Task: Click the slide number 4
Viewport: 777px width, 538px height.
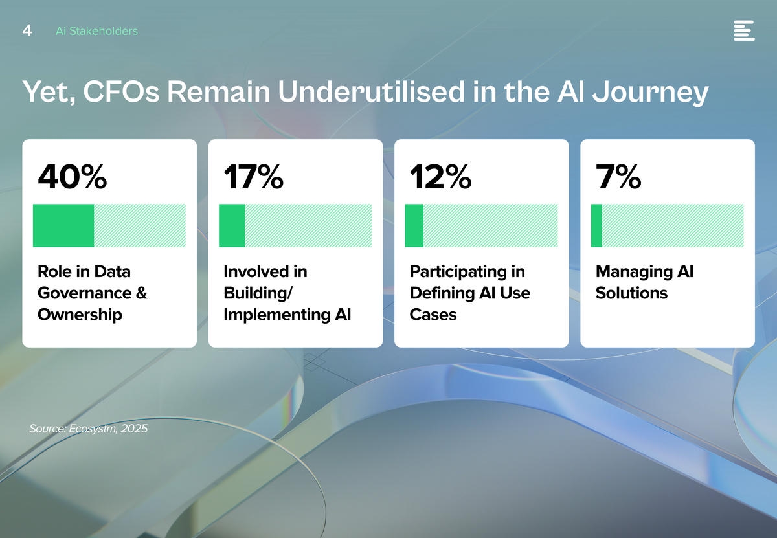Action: (27, 30)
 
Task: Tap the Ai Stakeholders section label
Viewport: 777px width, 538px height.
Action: (96, 31)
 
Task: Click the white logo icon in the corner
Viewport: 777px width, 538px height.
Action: (744, 30)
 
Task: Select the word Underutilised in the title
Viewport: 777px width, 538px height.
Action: (371, 91)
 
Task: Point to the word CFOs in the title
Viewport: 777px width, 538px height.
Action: (121, 91)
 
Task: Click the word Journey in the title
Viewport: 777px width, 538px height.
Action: (650, 93)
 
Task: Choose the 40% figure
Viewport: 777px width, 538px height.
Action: (72, 177)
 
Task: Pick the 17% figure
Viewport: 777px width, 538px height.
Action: (254, 177)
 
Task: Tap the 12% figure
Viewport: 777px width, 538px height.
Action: (440, 177)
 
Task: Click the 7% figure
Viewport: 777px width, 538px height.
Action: (618, 177)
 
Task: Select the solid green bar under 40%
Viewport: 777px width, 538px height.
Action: (63, 225)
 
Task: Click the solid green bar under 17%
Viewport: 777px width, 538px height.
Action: (232, 225)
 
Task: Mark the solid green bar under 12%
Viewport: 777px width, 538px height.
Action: (414, 225)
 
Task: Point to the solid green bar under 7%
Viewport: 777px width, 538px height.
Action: (596, 225)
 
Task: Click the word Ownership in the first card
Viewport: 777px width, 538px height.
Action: (80, 315)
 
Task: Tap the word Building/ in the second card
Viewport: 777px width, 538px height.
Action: (258, 293)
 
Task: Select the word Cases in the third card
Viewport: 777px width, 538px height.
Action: (433, 314)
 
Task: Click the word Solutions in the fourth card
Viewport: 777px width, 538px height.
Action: (631, 293)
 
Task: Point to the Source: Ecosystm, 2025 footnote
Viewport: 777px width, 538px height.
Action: (89, 429)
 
